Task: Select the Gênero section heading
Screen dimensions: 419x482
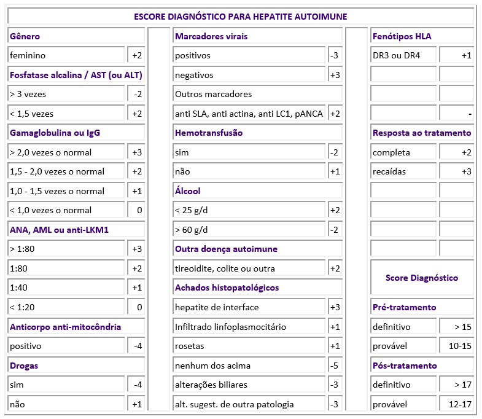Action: (x=25, y=36)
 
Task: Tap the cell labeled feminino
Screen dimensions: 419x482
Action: (x=66, y=55)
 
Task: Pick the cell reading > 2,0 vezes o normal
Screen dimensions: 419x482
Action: (x=66, y=152)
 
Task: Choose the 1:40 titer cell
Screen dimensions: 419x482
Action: (x=66, y=288)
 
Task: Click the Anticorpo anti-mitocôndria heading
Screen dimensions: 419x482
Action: (x=65, y=327)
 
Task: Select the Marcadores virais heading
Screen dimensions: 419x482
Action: (x=211, y=36)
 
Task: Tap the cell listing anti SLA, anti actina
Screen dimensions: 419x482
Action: (x=249, y=114)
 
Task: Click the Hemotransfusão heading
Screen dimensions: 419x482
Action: (x=209, y=133)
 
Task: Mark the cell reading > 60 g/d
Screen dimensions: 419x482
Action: (x=249, y=230)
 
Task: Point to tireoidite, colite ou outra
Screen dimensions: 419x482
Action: (x=249, y=268)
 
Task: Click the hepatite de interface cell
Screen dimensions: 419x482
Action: (x=249, y=307)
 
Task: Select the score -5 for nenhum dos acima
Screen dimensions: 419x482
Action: (x=335, y=366)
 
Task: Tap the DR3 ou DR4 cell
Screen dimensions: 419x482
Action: (x=404, y=55)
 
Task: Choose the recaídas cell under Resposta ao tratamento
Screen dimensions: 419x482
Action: (x=404, y=171)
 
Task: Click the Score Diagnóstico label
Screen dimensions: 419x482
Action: (x=422, y=278)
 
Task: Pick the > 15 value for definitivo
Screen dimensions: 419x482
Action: (x=457, y=327)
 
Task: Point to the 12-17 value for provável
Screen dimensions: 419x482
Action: (x=457, y=404)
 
